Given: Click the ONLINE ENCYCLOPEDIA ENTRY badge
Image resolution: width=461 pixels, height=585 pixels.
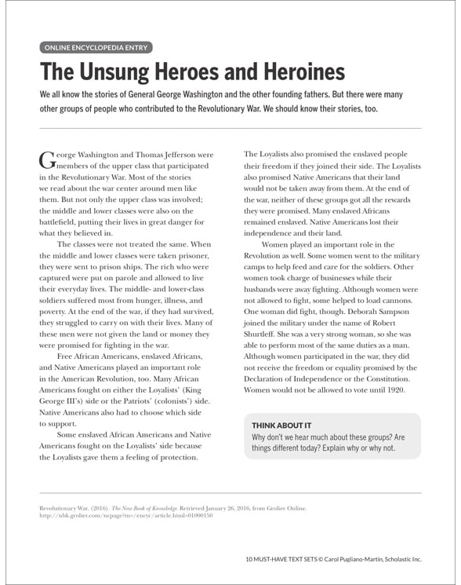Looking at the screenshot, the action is [x=96, y=47].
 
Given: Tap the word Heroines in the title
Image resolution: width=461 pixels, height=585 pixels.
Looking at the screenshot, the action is [x=301, y=73].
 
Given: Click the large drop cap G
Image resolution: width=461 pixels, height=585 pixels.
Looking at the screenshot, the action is [x=47, y=159].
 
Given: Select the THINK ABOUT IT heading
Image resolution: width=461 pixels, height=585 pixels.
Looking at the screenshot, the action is [x=281, y=425].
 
